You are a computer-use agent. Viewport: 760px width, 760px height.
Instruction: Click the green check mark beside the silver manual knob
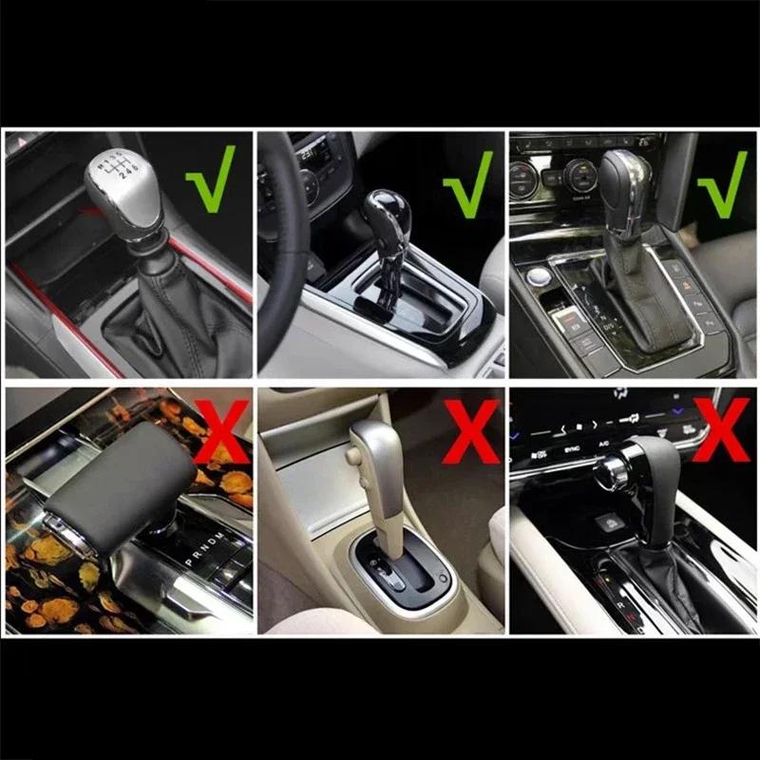pos(210,180)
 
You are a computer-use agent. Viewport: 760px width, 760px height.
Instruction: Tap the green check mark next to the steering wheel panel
pos(468,182)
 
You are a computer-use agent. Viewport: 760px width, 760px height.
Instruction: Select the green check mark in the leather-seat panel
pos(722,182)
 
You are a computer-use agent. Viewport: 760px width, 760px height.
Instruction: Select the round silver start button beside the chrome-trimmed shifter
pos(541,277)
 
